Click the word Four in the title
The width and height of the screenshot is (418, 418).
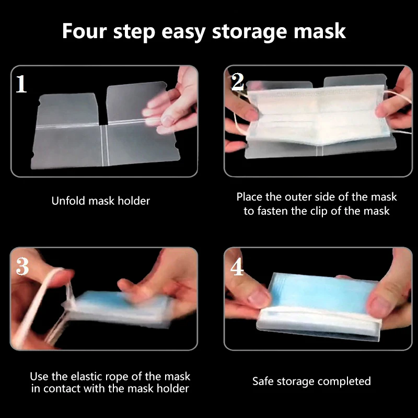84,31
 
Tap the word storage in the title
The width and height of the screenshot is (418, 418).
249,32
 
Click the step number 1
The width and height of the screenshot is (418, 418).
21,84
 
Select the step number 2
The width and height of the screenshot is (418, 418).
238,82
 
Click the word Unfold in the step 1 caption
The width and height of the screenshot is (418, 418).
68,201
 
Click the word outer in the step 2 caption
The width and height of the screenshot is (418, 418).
298,197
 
